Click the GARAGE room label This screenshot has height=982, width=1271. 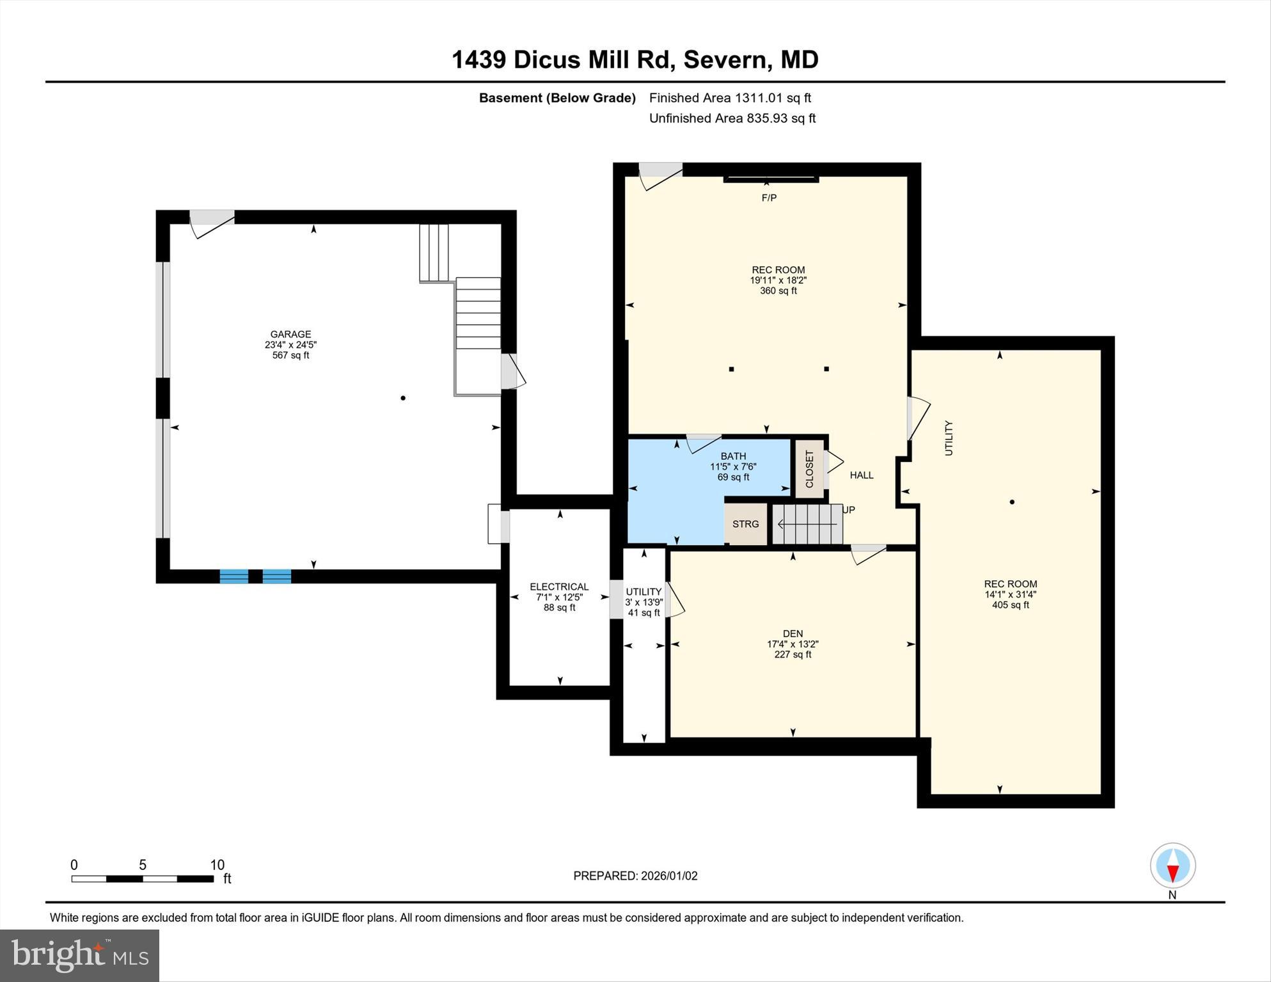(x=290, y=334)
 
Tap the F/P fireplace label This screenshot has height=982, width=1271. (x=769, y=198)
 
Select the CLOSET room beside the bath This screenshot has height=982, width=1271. (x=810, y=469)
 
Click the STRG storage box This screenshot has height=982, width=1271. (x=746, y=524)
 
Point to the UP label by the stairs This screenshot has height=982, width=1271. (x=848, y=510)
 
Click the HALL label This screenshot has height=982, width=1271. (x=861, y=475)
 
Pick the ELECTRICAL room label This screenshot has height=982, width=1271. (x=559, y=587)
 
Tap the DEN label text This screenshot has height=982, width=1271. (x=793, y=633)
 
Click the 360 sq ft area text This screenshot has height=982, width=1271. (x=778, y=290)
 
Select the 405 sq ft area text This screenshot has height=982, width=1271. (x=1010, y=605)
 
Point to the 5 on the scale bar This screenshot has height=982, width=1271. (x=143, y=865)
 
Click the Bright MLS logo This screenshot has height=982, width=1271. (x=79, y=955)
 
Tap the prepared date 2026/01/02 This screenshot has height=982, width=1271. (x=669, y=876)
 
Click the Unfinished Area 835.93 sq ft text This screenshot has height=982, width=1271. (x=732, y=118)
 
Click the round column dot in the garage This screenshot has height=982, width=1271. (x=403, y=398)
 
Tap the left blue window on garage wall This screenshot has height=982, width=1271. (x=234, y=576)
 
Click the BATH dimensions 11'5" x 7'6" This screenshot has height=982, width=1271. (x=733, y=466)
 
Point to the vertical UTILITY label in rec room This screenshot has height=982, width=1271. (x=949, y=438)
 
